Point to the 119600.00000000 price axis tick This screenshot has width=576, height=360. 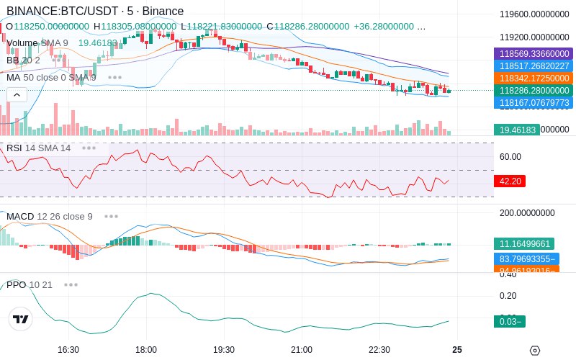[534, 14]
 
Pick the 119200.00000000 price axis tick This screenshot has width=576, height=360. [534, 37]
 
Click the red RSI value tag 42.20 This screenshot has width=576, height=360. [510, 181]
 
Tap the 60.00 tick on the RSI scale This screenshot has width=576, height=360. [510, 157]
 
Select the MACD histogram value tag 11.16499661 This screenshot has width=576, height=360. [523, 244]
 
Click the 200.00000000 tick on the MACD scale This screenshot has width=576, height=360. [528, 213]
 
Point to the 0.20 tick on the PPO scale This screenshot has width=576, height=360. [508, 296]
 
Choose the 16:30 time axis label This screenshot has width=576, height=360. [68, 350]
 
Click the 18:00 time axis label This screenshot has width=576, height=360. [146, 350]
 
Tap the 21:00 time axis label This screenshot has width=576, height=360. [302, 350]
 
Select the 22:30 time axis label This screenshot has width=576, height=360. [379, 350]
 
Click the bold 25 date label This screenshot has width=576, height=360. [457, 350]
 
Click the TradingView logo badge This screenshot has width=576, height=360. [21, 319]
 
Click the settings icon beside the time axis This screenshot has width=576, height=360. [534, 351]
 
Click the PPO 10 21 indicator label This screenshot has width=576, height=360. [30, 284]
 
